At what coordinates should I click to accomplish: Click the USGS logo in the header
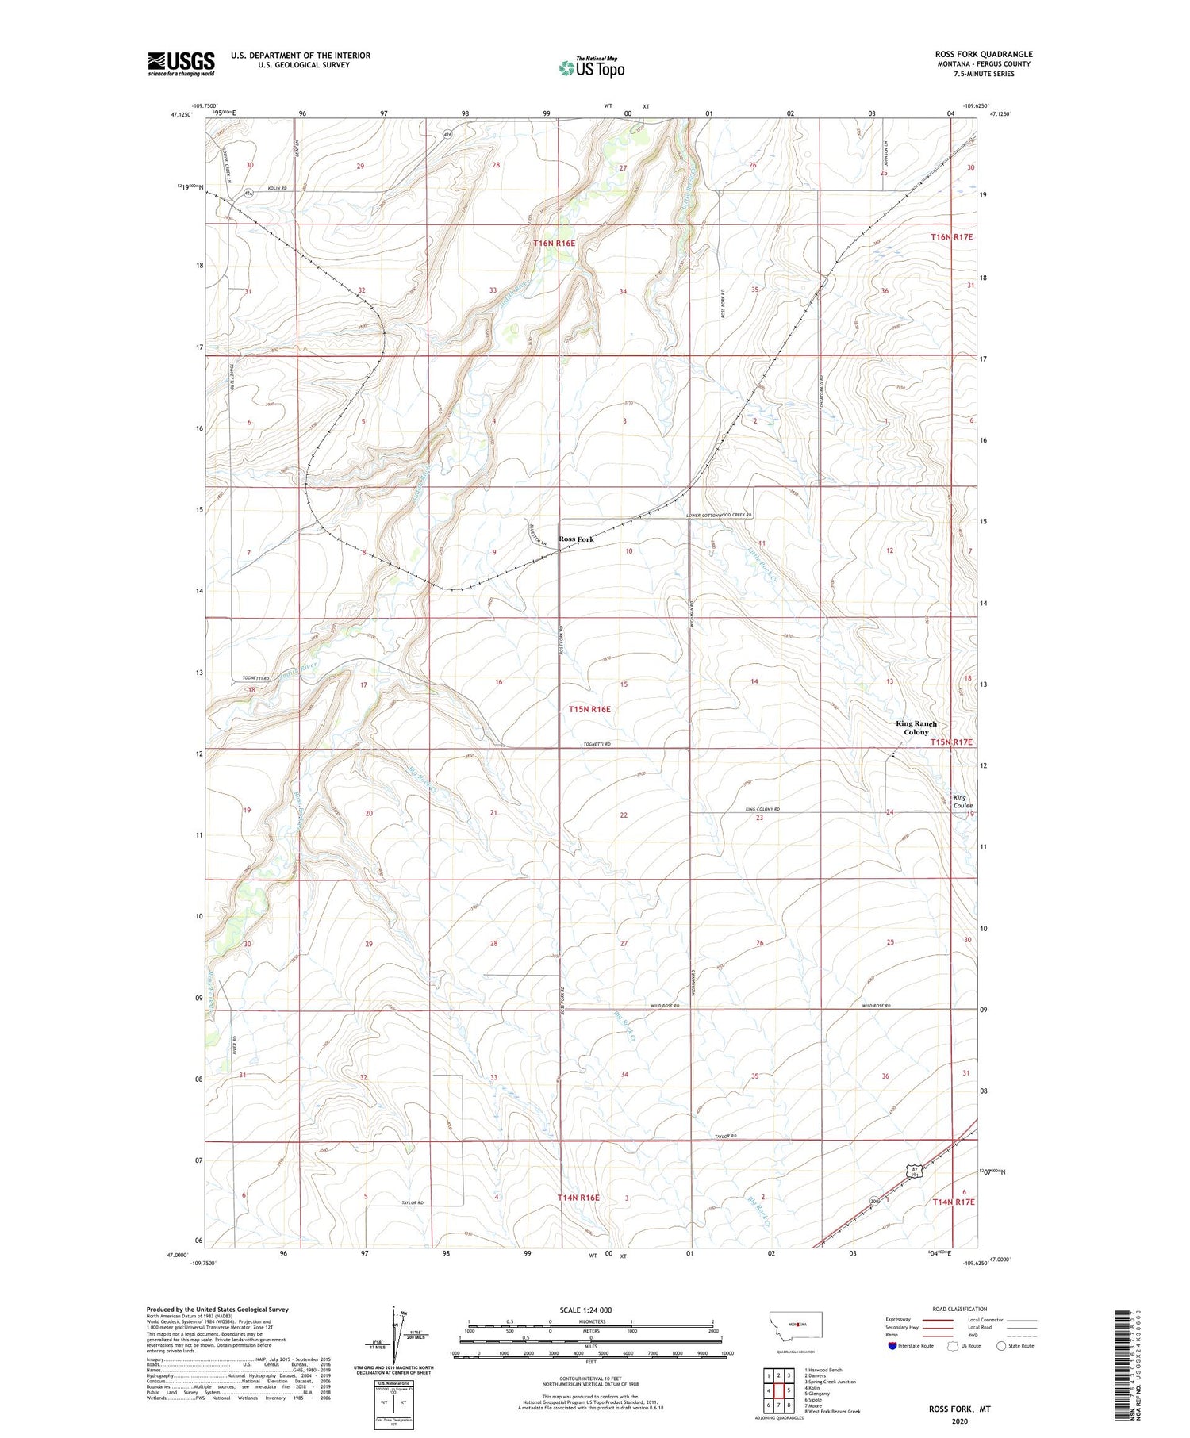(x=181, y=63)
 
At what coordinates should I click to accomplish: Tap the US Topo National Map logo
(x=592, y=67)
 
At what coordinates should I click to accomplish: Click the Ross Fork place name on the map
(x=577, y=539)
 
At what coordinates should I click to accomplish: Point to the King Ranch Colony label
(x=916, y=727)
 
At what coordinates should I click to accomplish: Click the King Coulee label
(x=962, y=801)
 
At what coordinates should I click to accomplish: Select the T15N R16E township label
(x=589, y=709)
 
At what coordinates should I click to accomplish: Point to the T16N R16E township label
(x=554, y=243)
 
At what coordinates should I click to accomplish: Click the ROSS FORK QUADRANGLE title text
(x=983, y=55)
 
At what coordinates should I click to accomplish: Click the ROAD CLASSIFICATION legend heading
(x=960, y=1309)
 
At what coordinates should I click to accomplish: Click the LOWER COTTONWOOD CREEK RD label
(x=719, y=516)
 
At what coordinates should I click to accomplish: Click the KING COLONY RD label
(x=762, y=809)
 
